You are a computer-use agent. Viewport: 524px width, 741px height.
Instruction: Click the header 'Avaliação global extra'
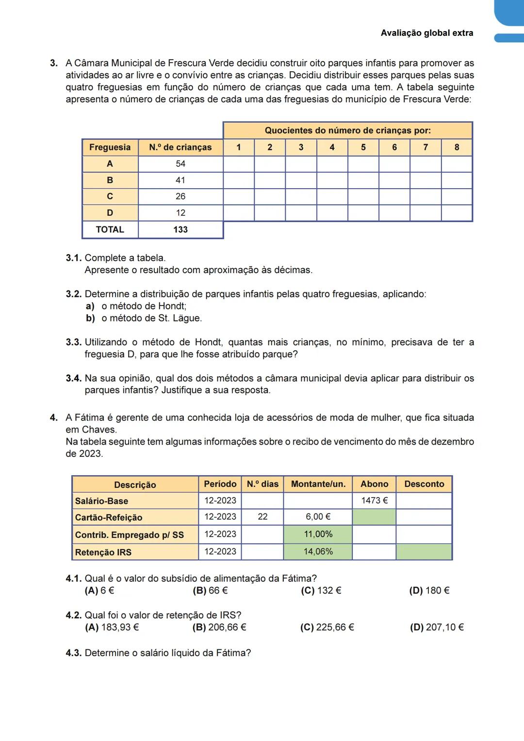(x=426, y=33)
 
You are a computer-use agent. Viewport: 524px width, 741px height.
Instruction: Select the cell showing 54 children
(x=180, y=164)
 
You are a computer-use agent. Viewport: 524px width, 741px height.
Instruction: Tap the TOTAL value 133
(x=180, y=230)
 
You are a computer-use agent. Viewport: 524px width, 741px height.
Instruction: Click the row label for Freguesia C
(x=110, y=196)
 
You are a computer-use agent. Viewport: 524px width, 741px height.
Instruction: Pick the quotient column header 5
(x=363, y=147)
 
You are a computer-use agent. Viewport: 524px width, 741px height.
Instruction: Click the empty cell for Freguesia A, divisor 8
(x=457, y=164)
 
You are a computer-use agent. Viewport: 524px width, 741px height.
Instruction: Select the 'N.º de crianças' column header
(x=180, y=147)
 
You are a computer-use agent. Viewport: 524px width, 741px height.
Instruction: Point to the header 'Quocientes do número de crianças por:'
(x=347, y=130)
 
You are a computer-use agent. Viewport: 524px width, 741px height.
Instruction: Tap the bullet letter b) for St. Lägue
(x=90, y=319)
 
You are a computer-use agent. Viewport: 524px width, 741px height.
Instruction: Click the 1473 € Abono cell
(x=374, y=500)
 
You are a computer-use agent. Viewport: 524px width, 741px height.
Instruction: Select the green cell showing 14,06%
(x=318, y=551)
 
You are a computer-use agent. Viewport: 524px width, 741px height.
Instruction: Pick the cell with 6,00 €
(x=318, y=517)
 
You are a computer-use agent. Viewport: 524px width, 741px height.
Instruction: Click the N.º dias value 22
(x=262, y=517)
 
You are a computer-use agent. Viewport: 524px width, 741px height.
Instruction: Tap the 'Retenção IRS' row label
(x=103, y=552)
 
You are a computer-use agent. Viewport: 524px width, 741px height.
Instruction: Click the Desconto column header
(x=424, y=484)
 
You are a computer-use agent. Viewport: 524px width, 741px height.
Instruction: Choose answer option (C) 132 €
(x=321, y=591)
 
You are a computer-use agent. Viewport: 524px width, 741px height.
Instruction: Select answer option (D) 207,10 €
(x=437, y=628)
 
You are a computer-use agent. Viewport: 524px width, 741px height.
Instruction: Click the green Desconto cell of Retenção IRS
(x=424, y=552)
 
